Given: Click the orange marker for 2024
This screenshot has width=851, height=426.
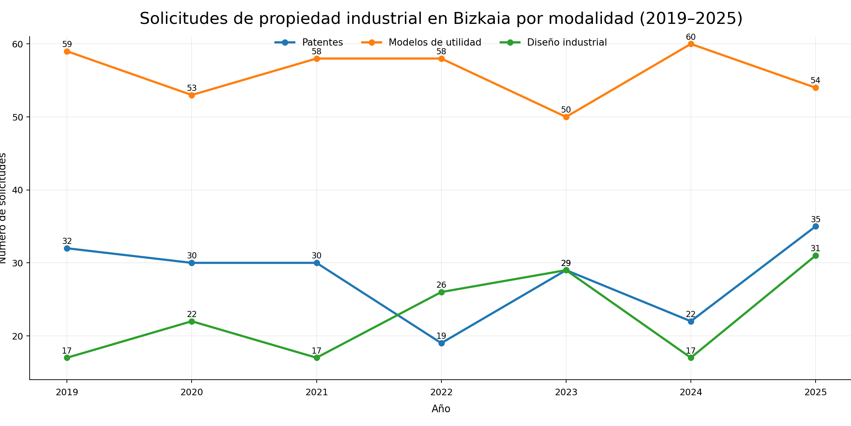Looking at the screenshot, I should pyautogui.click(x=691, y=44).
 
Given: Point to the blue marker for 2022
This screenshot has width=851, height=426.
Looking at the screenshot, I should pyautogui.click(x=441, y=343).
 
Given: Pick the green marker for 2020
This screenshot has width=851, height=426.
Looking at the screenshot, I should pyautogui.click(x=192, y=321).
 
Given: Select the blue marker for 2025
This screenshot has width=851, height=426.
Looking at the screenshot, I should pyautogui.click(x=816, y=227).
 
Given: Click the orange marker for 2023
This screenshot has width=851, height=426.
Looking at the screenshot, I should pyautogui.click(x=566, y=117).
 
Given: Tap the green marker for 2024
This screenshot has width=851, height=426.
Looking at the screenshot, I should pyautogui.click(x=691, y=358).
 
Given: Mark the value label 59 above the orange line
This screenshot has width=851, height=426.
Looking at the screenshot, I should pyautogui.click(x=67, y=45).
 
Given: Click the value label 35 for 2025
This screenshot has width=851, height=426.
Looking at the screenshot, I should pyautogui.click(x=816, y=219).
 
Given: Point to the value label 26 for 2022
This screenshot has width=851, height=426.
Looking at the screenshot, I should pyautogui.click(x=441, y=285).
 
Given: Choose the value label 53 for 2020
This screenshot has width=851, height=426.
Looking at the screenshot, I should pyautogui.click(x=192, y=88).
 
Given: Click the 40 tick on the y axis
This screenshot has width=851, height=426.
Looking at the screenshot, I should pyautogui.click(x=18, y=190).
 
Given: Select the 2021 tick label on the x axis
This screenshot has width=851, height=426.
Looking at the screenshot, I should pyautogui.click(x=316, y=393).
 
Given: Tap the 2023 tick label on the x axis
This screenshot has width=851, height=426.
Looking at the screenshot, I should pyautogui.click(x=566, y=393).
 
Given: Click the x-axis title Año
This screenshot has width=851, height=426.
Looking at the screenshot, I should pyautogui.click(x=441, y=409).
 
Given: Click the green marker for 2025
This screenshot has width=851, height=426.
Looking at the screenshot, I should pyautogui.click(x=816, y=256).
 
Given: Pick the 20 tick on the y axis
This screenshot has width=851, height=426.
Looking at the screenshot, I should pyautogui.click(x=18, y=336).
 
